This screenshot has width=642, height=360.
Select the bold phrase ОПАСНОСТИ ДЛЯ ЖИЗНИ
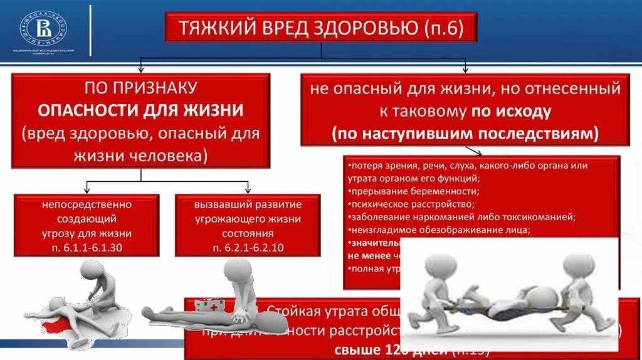pos(141,110)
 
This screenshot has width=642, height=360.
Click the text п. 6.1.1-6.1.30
pos(87,246)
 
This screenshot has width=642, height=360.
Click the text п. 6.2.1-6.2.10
pos(248,247)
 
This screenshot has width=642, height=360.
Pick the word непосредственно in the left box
pos(87,204)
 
